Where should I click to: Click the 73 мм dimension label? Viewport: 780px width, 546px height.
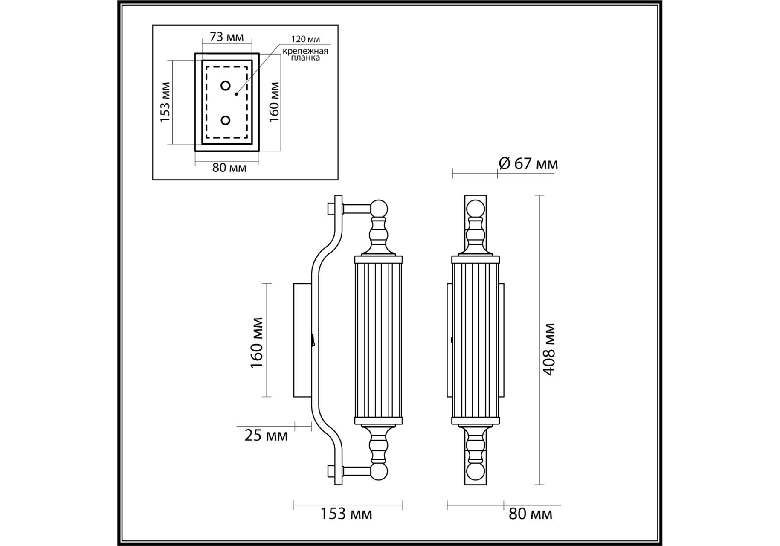[x=226, y=37]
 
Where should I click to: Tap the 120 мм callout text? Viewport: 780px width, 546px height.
[x=305, y=39]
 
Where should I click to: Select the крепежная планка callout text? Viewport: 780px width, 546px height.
[x=305, y=54]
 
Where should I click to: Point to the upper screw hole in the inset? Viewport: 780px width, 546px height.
[x=226, y=86]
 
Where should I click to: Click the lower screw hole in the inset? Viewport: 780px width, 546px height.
[x=226, y=120]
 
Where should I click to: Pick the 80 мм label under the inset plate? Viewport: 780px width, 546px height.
[x=229, y=168]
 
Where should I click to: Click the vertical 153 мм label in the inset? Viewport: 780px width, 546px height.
[x=165, y=102]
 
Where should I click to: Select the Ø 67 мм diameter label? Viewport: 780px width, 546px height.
[x=528, y=163]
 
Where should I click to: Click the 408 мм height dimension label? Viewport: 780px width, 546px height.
[x=550, y=349]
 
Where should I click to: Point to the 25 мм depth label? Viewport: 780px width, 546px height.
[x=266, y=436]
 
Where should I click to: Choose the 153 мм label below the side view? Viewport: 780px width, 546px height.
[x=346, y=514]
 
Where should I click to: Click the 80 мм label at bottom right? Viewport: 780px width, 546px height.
[x=531, y=514]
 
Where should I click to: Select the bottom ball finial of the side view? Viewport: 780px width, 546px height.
[x=379, y=472]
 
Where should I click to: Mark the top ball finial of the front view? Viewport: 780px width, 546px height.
[x=475, y=209]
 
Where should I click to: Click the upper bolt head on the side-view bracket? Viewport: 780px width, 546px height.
[x=331, y=209]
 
